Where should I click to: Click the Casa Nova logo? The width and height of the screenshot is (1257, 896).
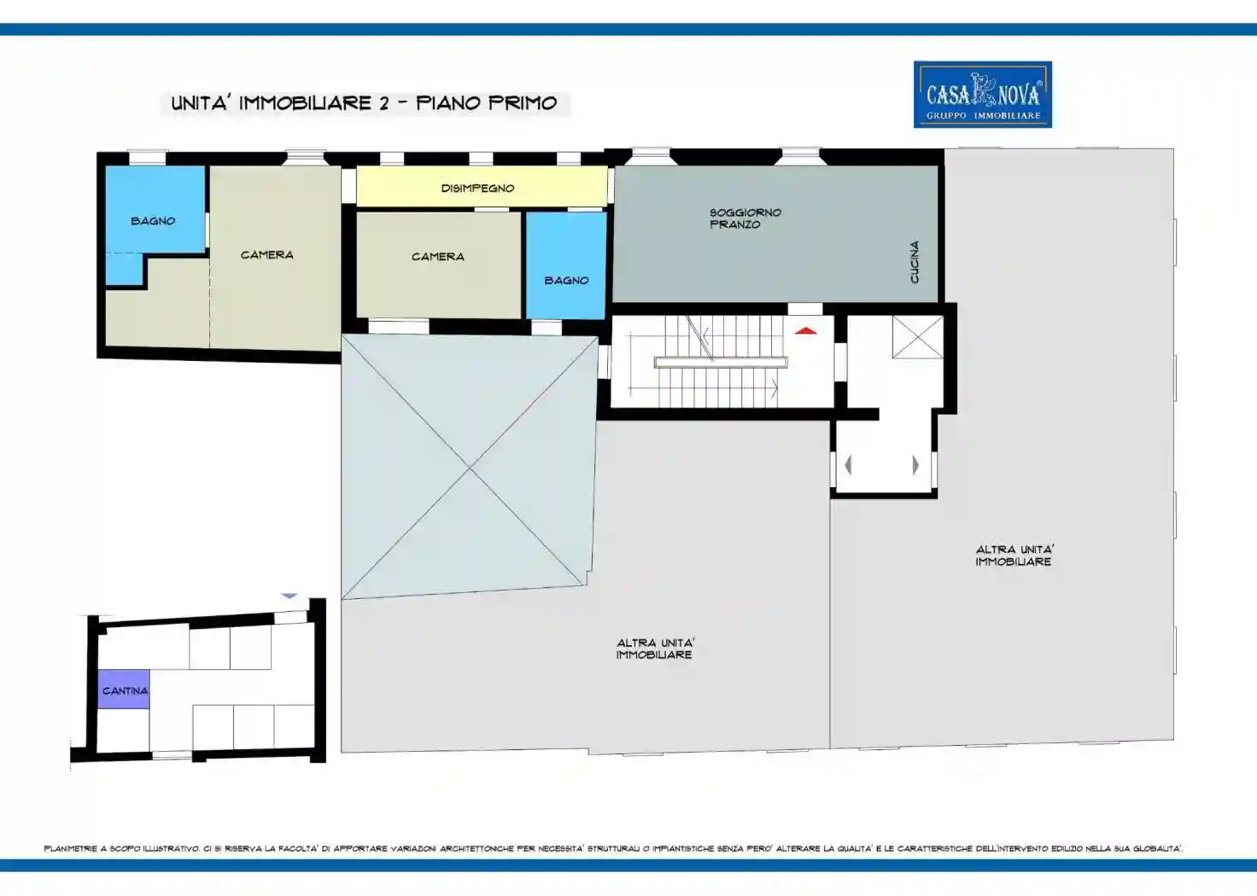coord(983,94)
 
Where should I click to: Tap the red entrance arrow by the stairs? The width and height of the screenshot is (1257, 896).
coord(805,331)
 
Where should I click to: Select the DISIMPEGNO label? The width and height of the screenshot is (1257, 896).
coord(477,189)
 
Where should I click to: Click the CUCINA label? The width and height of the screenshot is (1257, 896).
coord(914,262)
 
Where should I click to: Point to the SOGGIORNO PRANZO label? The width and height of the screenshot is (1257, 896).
coord(745,218)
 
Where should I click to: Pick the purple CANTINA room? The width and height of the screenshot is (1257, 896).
coord(124,689)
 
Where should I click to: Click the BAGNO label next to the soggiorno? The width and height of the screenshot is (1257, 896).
coord(566,281)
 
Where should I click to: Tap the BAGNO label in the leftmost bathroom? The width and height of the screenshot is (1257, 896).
coord(153,221)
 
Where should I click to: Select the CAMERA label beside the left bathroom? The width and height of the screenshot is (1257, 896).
coord(266,255)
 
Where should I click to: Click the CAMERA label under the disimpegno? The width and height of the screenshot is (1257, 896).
coord(438,257)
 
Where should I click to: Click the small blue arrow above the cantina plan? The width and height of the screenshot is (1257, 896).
coord(289,596)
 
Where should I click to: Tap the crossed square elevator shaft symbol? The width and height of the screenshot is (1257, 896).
coord(917,337)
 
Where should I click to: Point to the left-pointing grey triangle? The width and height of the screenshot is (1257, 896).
coord(848,465)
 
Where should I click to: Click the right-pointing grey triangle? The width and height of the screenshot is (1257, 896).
coord(915,465)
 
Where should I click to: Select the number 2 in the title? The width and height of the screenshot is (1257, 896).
coord(383,103)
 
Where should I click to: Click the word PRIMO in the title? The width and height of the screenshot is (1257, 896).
coord(523,103)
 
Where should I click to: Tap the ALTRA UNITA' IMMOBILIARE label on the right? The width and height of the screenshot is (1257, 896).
coord(1014,556)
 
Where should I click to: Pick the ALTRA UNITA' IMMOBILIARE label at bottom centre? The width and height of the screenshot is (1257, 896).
coord(655,649)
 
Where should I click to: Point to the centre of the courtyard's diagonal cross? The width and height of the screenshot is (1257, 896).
coord(469,467)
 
